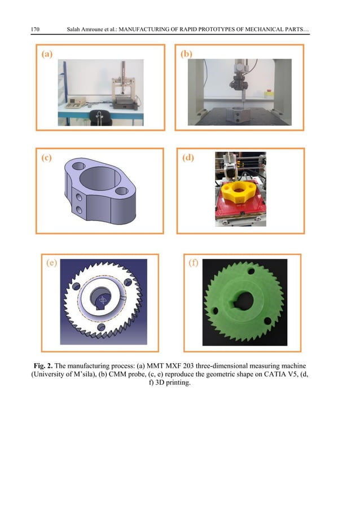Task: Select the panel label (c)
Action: pos(47,158)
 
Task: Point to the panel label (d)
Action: pos(188,158)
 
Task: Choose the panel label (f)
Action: pos(193,263)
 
